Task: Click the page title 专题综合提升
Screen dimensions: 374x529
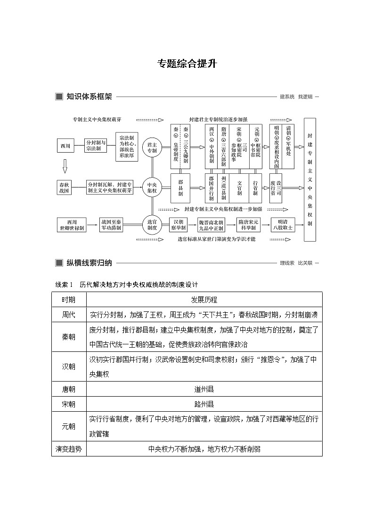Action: pos(187,64)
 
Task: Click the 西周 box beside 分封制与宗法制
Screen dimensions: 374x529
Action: pos(65,146)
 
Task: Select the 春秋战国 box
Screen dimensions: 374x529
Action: pos(65,187)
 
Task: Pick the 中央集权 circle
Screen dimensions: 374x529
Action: pos(152,187)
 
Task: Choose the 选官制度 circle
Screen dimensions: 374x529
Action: pos(152,225)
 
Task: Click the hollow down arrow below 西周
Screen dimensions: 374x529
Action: pos(65,166)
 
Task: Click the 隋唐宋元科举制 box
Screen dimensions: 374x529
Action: pos(249,225)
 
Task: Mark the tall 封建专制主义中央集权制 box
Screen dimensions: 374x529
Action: pos(309,180)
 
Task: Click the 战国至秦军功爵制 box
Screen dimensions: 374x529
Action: pos(111,225)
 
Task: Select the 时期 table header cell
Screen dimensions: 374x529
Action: pos(69,300)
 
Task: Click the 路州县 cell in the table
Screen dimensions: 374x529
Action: pos(204,404)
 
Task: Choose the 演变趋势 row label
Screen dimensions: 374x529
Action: pos(69,449)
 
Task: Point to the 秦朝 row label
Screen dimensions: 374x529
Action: pos(69,337)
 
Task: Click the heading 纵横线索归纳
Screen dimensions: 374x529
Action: pos(89,263)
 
